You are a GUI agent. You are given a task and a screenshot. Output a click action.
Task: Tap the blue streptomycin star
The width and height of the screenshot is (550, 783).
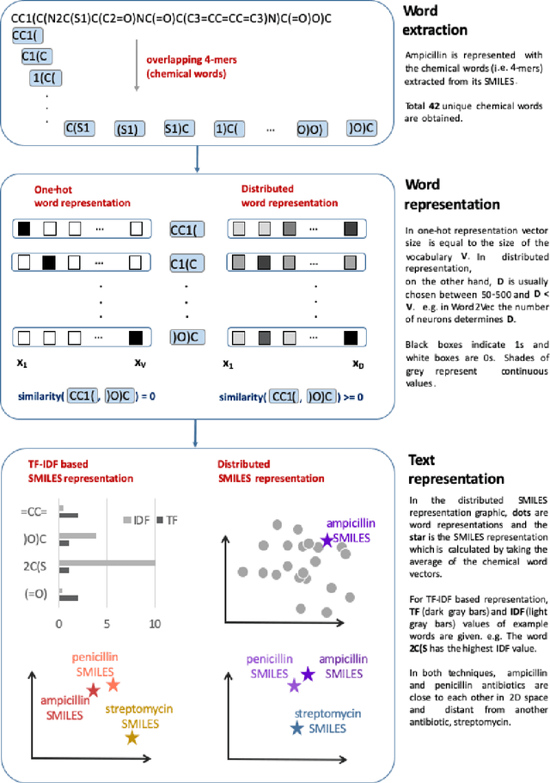coord(297,705)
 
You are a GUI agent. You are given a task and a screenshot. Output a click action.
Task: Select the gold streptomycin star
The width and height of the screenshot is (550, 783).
coord(131,713)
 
